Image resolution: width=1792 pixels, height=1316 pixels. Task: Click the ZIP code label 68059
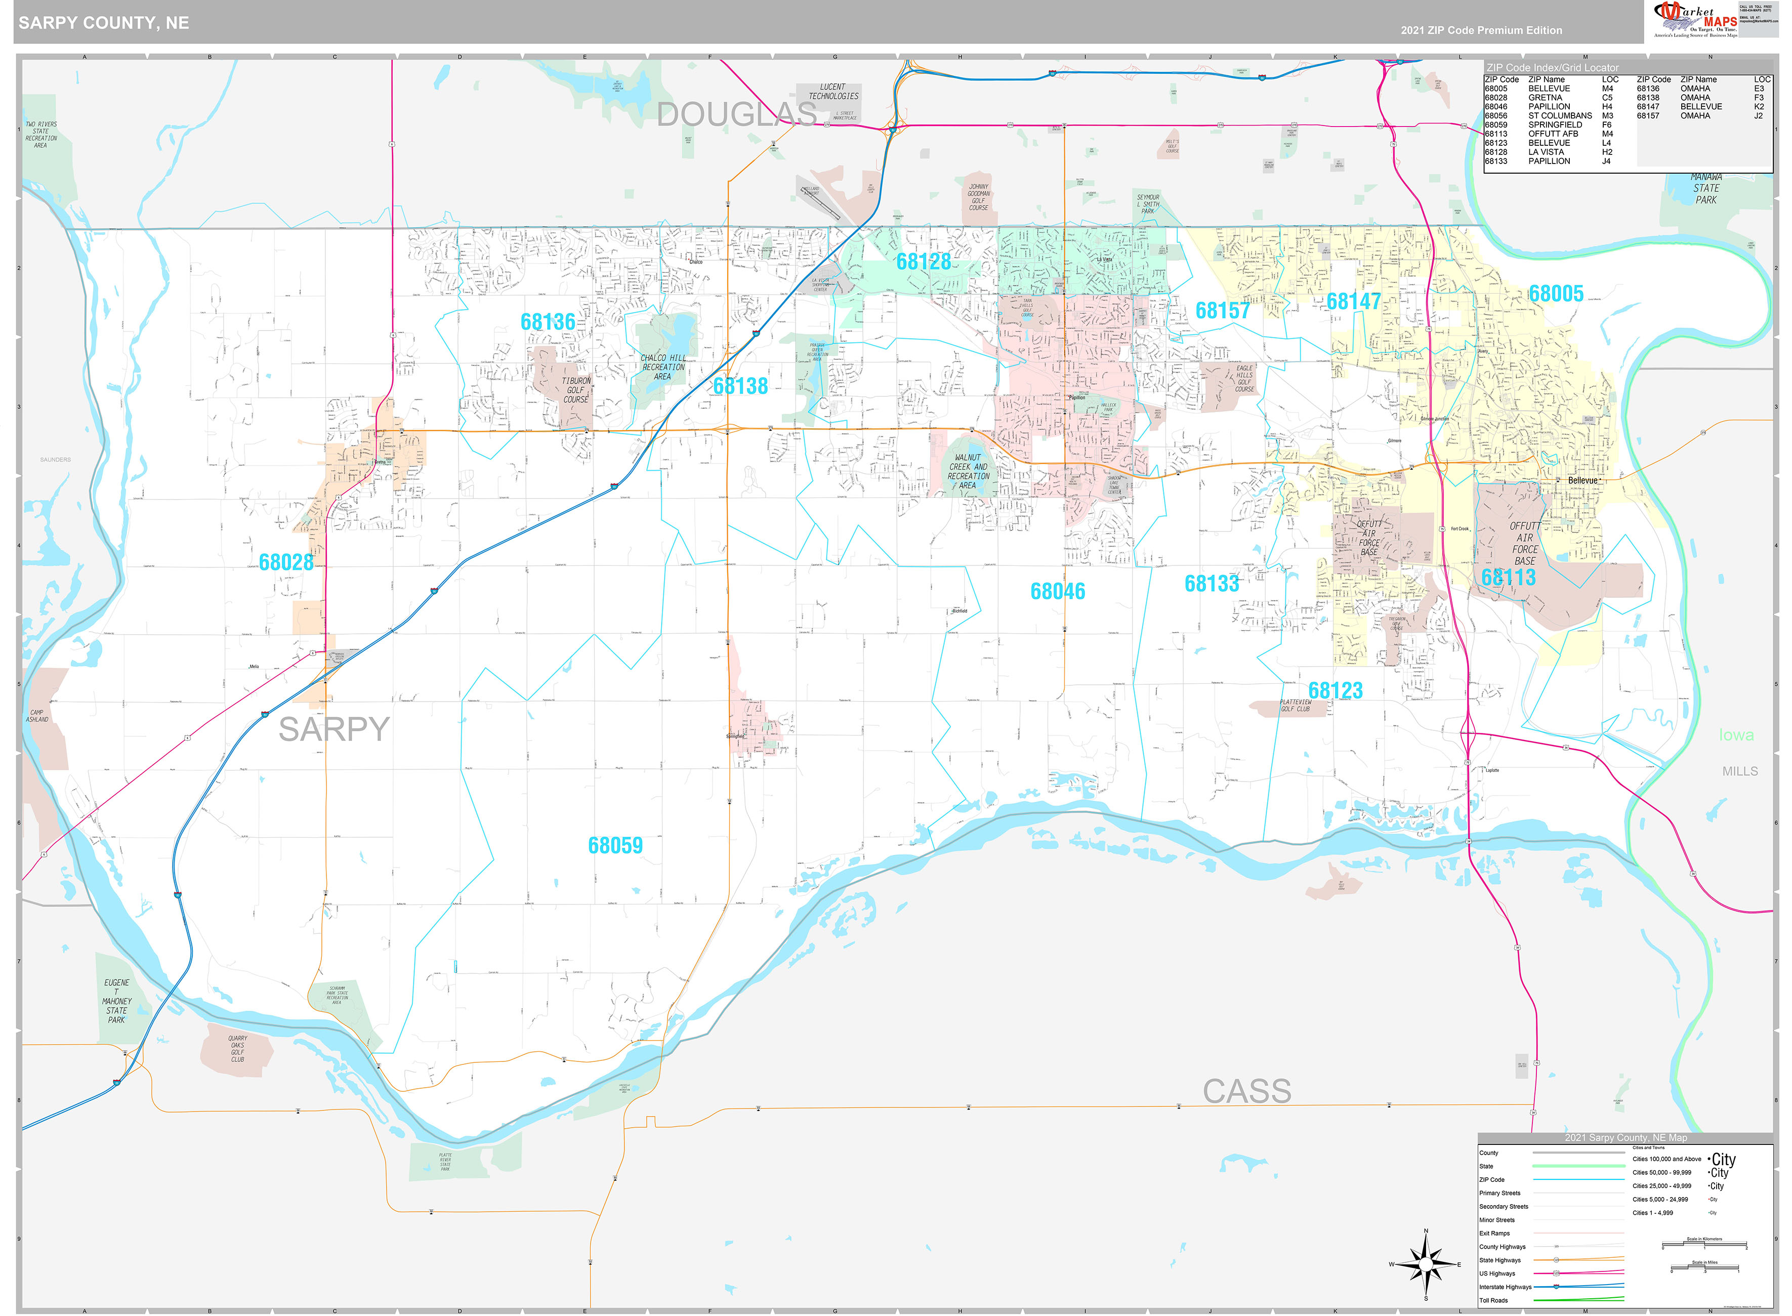click(x=615, y=845)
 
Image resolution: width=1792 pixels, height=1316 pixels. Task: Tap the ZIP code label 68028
click(x=286, y=562)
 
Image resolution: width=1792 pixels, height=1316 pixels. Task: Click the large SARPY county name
click(x=333, y=729)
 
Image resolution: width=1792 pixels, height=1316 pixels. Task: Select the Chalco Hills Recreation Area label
click(x=662, y=367)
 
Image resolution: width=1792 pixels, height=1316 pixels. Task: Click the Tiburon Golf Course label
click(x=576, y=390)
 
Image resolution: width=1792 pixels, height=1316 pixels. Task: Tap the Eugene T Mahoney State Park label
click(x=116, y=1001)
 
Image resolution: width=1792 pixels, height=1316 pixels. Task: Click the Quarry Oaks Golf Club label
click(x=237, y=1048)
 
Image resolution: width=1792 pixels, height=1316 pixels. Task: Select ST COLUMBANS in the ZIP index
click(x=1559, y=115)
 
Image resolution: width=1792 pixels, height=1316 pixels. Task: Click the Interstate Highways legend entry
click(x=1505, y=1287)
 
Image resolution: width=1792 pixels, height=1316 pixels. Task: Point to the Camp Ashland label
click(x=37, y=715)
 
